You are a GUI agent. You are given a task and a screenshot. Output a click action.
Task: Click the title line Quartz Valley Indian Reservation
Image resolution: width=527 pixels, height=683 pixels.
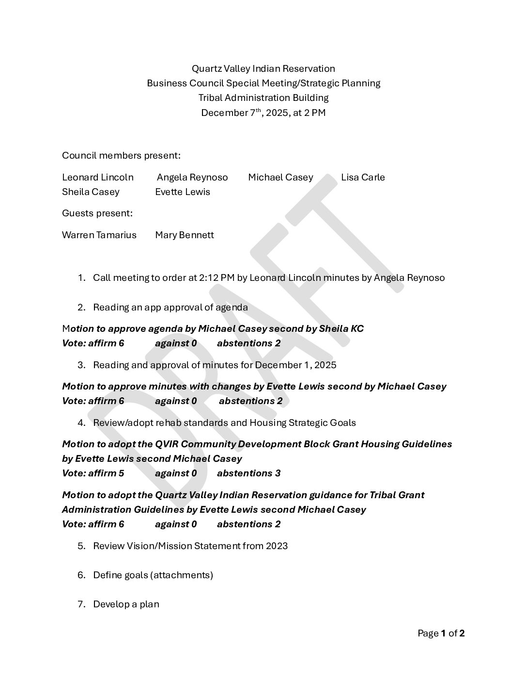coord(263,68)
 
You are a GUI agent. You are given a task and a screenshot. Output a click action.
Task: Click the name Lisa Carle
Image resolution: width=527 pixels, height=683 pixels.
coord(363,177)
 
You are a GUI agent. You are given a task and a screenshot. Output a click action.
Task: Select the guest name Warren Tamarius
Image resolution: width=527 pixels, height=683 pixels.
coord(99,235)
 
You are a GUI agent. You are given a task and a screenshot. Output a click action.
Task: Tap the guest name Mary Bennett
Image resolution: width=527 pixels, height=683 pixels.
coord(185,235)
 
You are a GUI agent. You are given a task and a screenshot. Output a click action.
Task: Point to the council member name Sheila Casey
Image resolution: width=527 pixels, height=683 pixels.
coord(91,192)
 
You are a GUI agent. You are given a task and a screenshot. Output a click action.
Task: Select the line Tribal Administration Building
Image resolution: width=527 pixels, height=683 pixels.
coord(263,98)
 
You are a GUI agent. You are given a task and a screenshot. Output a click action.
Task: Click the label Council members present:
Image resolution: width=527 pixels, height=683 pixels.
coord(121,155)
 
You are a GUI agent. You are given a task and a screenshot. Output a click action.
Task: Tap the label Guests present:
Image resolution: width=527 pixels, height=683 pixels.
coord(97,213)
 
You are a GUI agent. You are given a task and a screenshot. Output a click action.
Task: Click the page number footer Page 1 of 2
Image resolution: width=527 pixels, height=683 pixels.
coord(441,633)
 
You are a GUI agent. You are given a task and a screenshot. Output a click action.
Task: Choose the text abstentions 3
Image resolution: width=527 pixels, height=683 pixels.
coord(248,473)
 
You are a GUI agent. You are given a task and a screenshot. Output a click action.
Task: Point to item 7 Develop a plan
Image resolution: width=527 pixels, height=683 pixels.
coord(126,604)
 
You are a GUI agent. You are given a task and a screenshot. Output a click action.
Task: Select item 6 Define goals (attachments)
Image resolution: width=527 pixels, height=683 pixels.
coord(153,575)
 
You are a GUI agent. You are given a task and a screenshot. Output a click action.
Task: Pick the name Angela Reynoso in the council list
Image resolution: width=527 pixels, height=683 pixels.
coord(192,177)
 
